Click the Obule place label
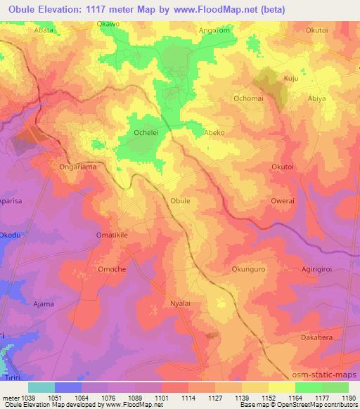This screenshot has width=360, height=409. coord(181,200)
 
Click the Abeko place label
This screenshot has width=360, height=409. coord(214,131)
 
